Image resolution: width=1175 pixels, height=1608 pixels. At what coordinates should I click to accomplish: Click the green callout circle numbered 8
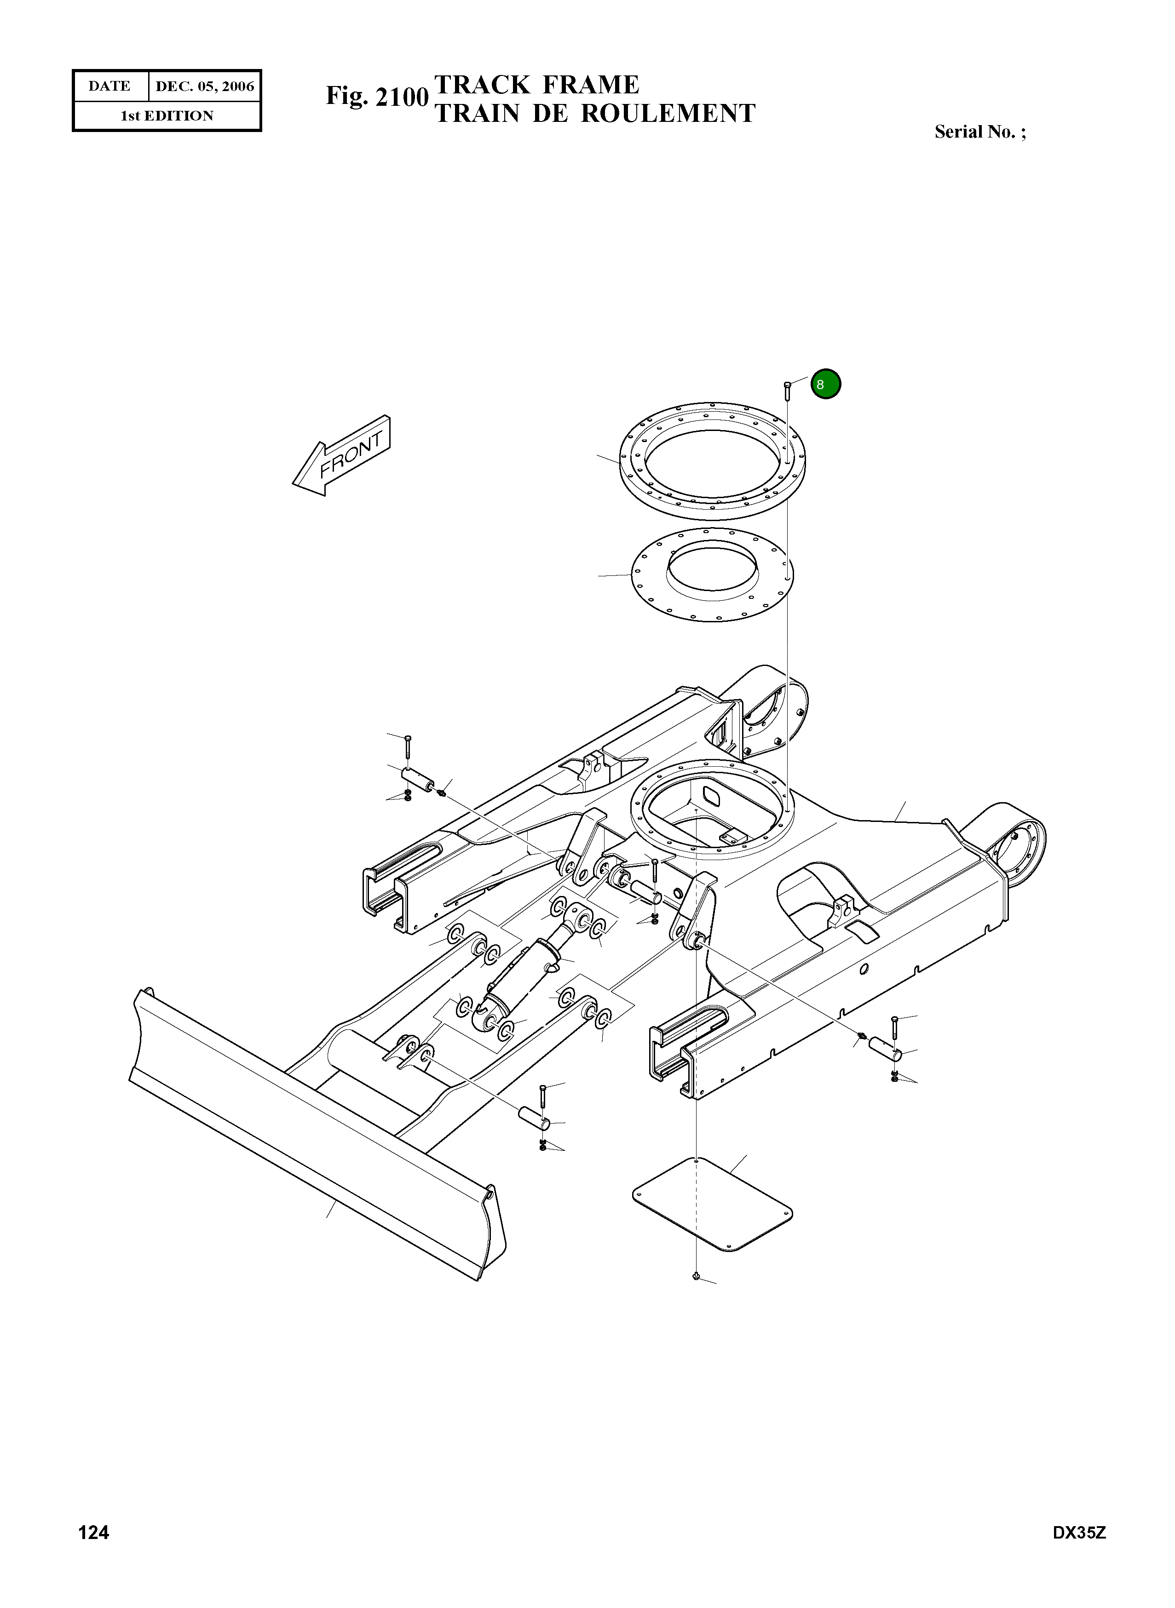(826, 384)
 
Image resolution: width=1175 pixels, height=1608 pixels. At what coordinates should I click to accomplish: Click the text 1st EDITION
(167, 116)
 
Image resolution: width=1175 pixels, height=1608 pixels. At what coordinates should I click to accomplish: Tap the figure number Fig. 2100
(377, 97)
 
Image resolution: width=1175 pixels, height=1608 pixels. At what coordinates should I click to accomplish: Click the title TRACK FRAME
(537, 85)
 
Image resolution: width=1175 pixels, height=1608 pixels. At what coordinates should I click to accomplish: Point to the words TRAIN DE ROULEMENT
(594, 113)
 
